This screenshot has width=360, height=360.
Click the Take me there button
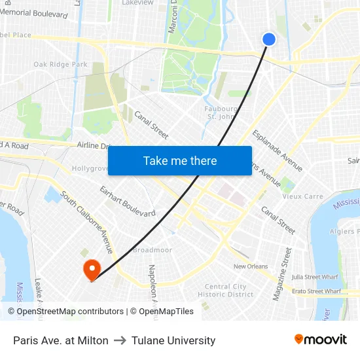point(179,160)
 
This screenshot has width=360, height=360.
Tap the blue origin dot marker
point(269,39)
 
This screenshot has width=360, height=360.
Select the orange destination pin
point(91,269)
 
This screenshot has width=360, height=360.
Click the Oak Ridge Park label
point(60,64)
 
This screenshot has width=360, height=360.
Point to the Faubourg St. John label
point(221,113)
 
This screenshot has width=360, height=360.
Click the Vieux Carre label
point(302,196)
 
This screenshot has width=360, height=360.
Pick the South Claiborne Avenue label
point(87,223)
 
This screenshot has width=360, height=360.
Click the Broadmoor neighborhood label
point(152,250)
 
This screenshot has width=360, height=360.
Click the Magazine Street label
point(281,273)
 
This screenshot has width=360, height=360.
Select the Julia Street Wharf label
point(316,277)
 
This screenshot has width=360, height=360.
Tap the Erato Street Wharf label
point(317,291)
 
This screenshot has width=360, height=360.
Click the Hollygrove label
point(90,168)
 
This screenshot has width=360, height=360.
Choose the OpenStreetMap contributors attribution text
point(66,312)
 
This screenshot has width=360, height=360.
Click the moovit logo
point(320,340)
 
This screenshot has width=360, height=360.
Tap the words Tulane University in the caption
point(173,340)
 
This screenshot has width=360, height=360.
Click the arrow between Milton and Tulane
point(120,340)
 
